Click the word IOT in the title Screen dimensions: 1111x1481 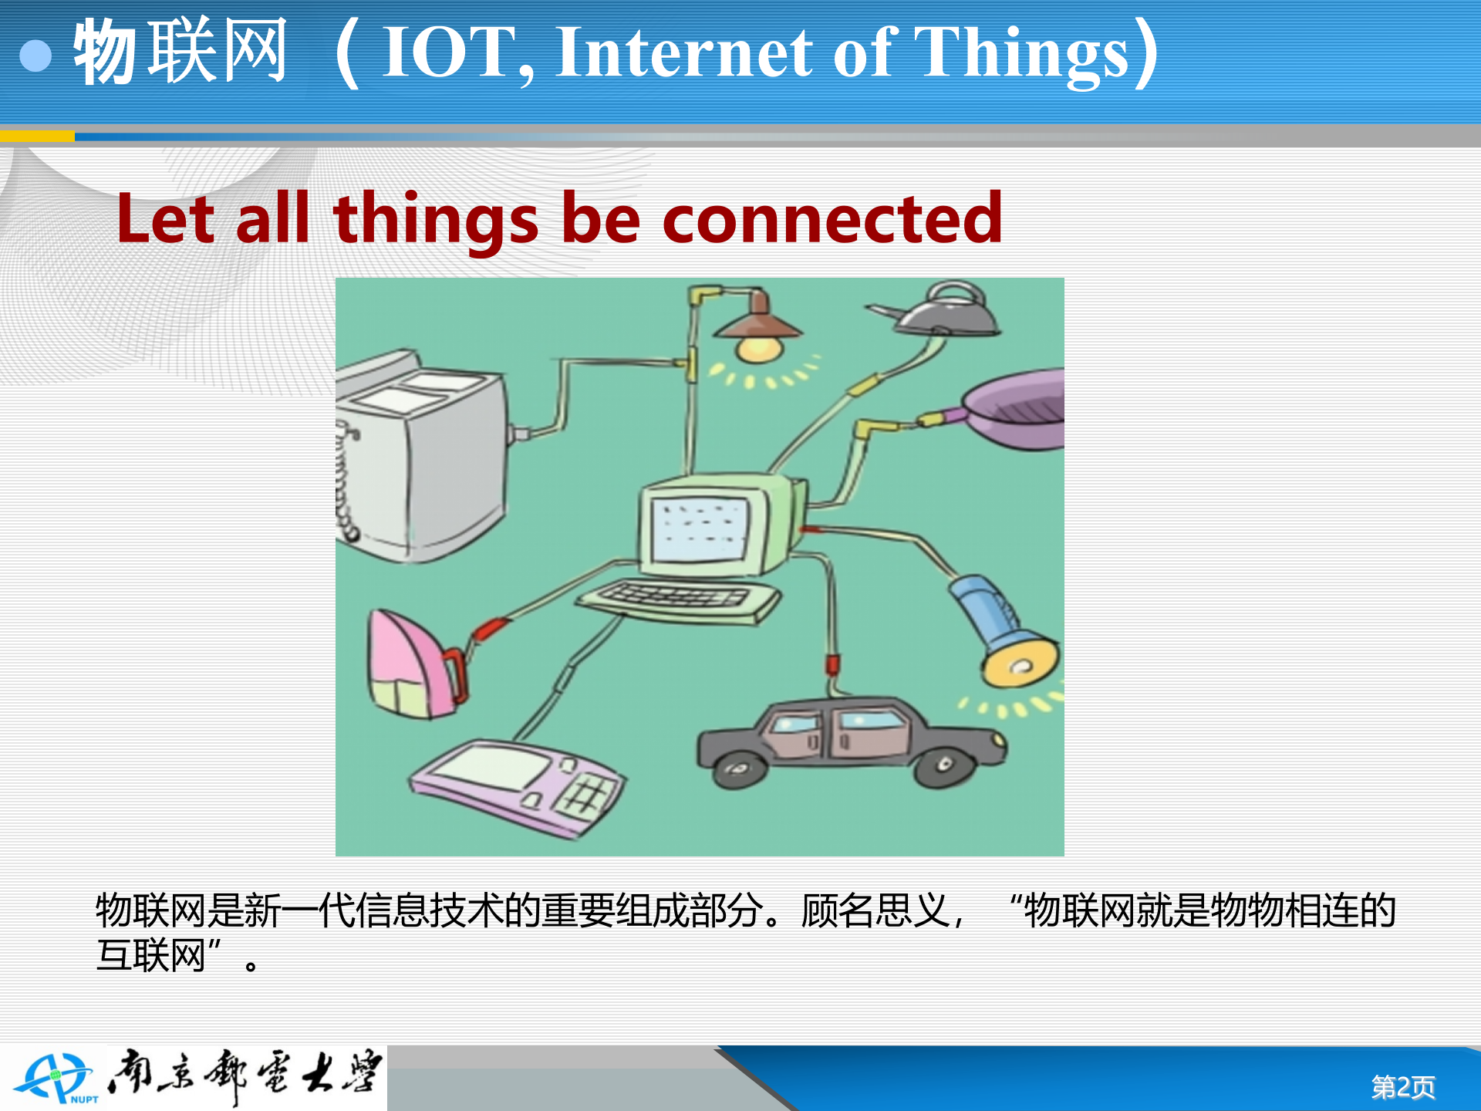tap(447, 52)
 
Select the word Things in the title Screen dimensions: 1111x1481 tap(1022, 52)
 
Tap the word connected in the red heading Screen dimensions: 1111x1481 tap(832, 219)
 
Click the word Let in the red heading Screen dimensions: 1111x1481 tap(165, 219)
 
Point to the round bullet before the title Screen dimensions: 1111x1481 tap(35, 56)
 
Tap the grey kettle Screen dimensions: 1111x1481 tap(945, 310)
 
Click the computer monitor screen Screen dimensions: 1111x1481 tap(699, 529)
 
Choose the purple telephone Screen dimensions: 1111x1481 tap(517, 787)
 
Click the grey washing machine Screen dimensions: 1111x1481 tap(420, 455)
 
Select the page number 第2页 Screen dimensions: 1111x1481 tap(1402, 1087)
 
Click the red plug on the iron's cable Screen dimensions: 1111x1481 tap(488, 628)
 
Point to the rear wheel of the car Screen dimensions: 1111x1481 tap(739, 769)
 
